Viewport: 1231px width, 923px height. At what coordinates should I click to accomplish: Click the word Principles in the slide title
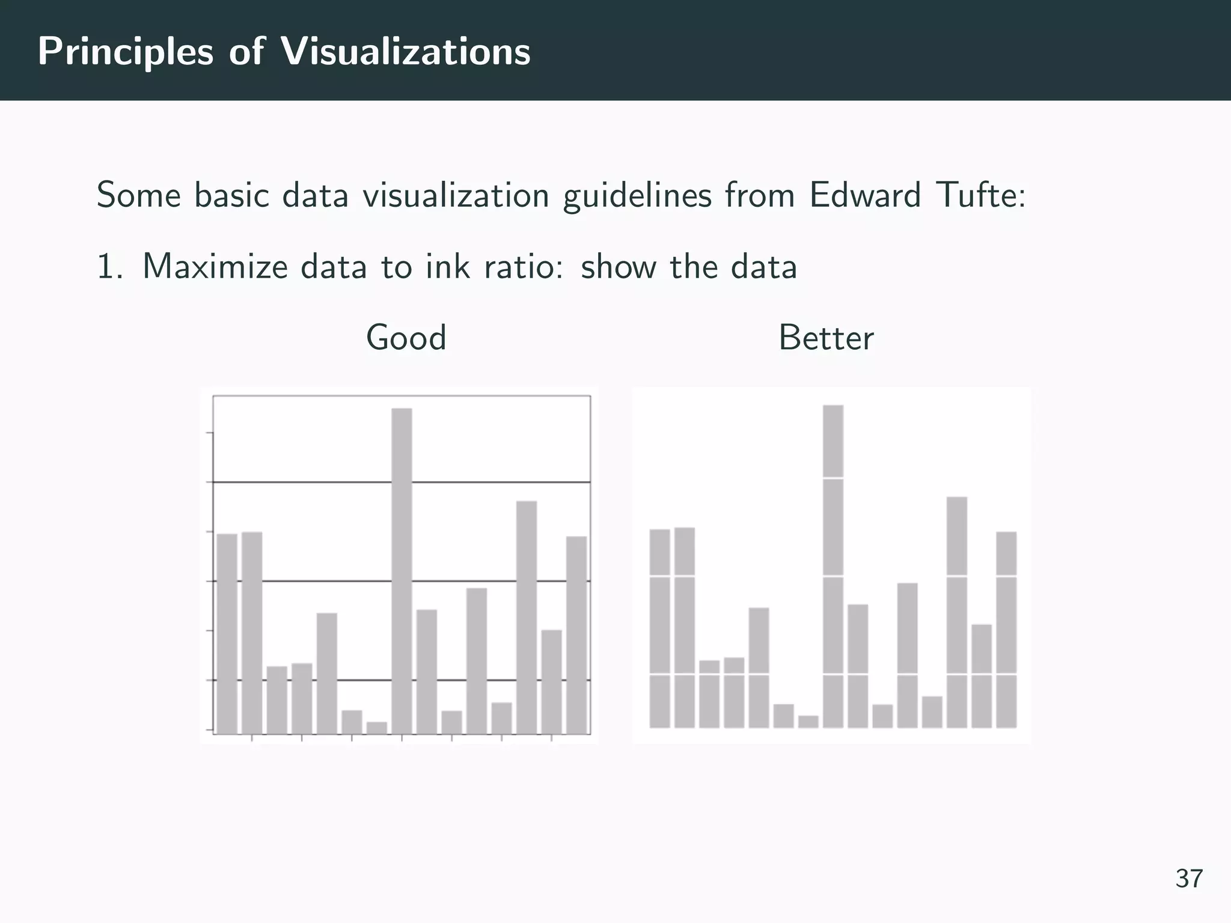coord(125,52)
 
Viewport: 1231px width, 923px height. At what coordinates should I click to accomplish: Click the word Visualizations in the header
coord(406,52)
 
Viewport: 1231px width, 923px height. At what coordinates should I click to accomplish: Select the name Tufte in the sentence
coord(980,195)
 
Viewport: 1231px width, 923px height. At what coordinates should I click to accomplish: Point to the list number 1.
coord(109,266)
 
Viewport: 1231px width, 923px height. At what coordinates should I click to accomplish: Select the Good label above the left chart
coord(406,338)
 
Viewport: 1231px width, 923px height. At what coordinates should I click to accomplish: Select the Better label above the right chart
coord(826,338)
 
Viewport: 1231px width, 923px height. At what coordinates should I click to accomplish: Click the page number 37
coord(1189,879)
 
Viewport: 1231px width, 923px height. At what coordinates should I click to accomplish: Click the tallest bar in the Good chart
coord(402,571)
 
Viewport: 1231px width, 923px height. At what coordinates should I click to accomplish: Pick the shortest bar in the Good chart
coord(377,728)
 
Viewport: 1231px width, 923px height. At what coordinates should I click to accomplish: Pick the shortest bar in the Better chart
coord(808,722)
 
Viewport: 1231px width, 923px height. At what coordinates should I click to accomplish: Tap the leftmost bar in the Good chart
coord(227,633)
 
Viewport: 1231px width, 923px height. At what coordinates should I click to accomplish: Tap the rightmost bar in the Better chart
coord(1006,630)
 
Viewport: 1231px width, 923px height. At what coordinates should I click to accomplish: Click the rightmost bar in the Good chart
coord(576,635)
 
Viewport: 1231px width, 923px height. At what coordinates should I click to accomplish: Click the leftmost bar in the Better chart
coord(660,629)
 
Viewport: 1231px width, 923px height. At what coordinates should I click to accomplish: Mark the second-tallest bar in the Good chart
coord(527,617)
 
